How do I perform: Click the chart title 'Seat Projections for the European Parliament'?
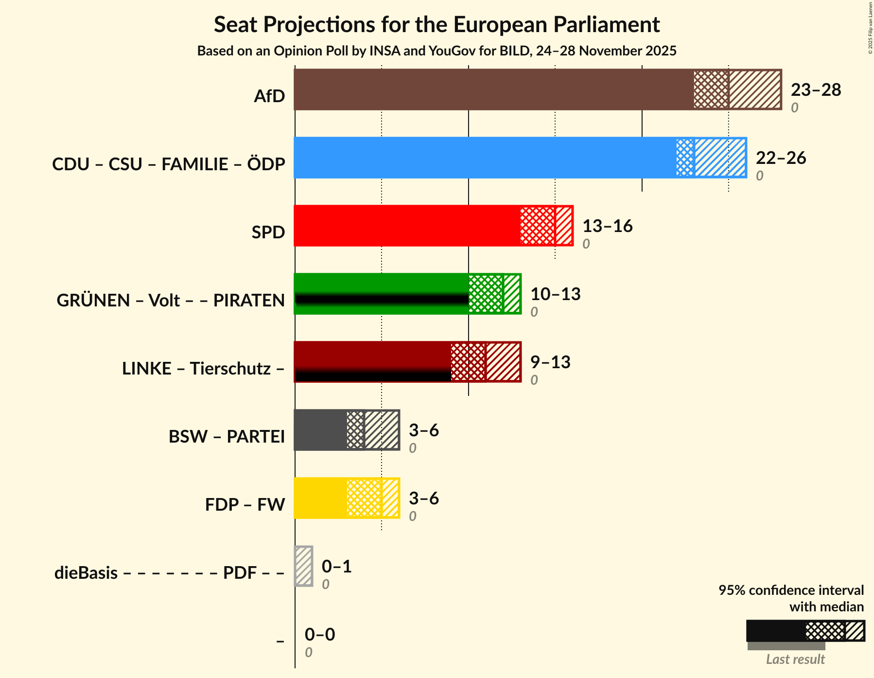coord(437,24)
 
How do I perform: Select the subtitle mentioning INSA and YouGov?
coord(437,51)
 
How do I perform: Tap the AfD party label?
coord(269,96)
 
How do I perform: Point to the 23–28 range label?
coord(816,90)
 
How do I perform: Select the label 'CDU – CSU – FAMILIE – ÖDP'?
coord(168,164)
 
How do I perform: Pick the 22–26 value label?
coord(781,158)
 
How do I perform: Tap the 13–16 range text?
coord(607,226)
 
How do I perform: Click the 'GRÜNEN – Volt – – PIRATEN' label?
coord(171,301)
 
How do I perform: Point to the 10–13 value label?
coord(555,294)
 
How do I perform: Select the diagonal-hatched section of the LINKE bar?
coord(503,362)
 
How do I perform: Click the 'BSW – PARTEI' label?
coord(227,437)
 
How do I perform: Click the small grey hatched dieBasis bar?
coord(304,566)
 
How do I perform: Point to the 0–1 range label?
coord(336,567)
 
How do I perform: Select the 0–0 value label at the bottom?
coord(319,635)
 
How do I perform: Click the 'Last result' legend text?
coord(795,660)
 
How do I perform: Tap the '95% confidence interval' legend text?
coord(791,590)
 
